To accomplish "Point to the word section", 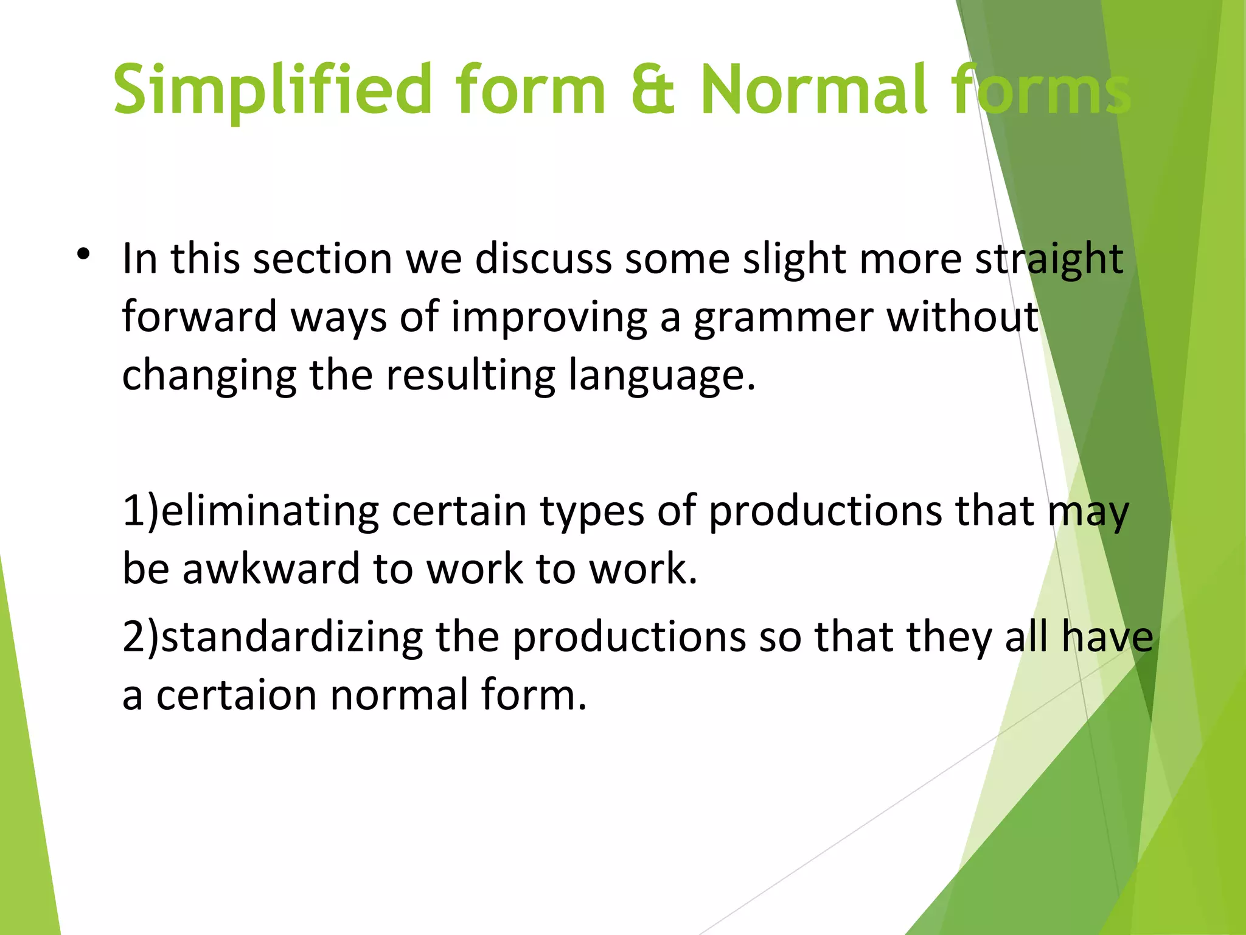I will coord(322,259).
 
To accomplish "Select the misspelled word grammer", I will coord(783,318).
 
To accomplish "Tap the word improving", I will coord(549,318).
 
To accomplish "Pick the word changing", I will coord(209,376).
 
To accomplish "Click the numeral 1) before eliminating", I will coord(140,510).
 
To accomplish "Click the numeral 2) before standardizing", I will coord(140,637).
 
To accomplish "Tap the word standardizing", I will coord(291,637).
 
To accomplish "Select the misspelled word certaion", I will coord(236,695).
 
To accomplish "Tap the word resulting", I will coord(470,376).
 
